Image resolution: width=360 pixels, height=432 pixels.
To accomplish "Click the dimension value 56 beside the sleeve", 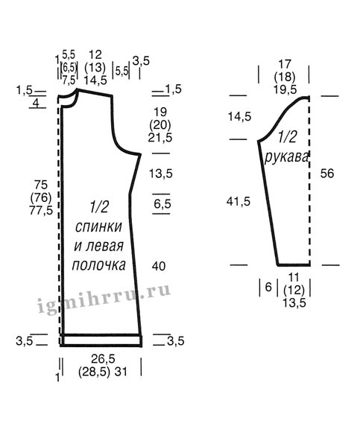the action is coord(327,174).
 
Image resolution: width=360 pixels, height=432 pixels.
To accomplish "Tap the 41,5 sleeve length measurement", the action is coord(239,202).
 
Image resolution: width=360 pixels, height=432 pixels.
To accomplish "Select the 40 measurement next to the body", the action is coord(159,266).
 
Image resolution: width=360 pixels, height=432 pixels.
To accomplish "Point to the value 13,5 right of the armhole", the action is coord(161,174).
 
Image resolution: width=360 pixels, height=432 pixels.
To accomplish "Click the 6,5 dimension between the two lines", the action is coord(162,204).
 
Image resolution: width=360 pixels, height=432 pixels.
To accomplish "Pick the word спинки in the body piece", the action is coord(98,226).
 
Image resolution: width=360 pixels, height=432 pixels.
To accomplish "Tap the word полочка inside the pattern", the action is coord(98,264).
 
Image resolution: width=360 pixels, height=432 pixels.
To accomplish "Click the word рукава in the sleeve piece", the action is coord(286,157).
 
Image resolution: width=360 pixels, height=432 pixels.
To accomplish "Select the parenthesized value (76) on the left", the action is coord(41,197).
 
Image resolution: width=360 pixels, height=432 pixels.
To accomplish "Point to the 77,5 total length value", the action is coord(41,211).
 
